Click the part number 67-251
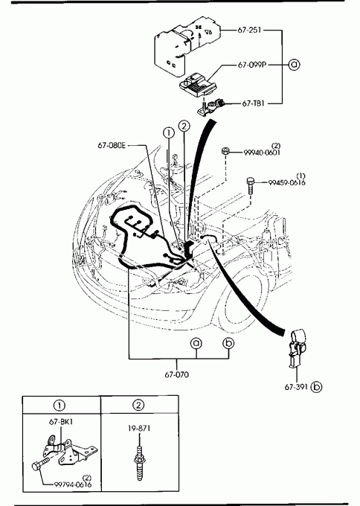249,30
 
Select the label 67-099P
252,65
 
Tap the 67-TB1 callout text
253,103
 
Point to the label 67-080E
112,146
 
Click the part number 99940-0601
262,153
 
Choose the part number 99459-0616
286,182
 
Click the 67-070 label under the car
176,374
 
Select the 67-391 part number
297,387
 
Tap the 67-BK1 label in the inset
61,421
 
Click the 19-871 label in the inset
138,428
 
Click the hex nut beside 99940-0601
225,151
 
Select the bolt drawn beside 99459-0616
250,185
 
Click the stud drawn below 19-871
139,463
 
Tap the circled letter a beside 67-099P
294,65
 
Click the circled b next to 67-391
316,387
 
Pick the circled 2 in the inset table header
138,405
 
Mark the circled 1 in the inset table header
60,405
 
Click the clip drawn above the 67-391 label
296,348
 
